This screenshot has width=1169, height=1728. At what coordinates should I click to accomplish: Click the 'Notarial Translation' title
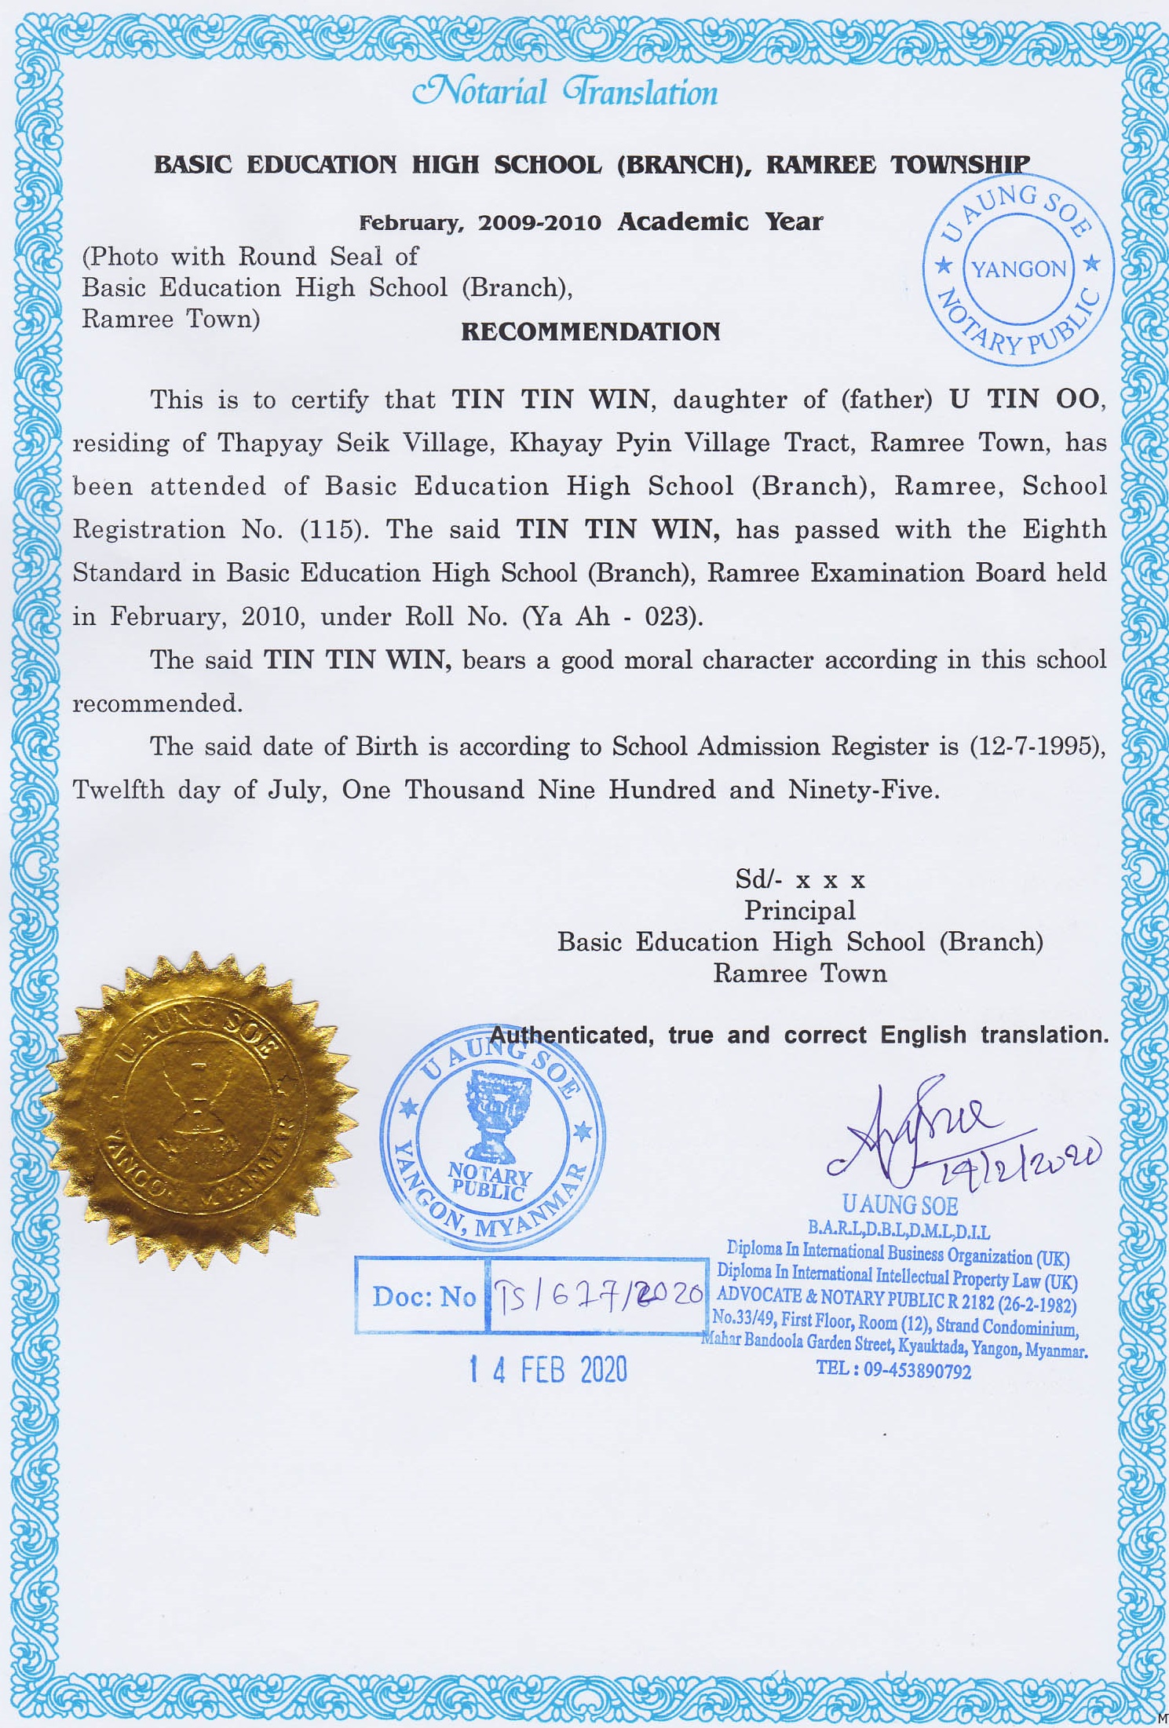click(x=564, y=93)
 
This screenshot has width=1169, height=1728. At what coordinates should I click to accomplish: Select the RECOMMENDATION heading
click(x=590, y=331)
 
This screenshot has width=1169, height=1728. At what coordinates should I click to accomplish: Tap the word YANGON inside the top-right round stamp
click(x=1019, y=269)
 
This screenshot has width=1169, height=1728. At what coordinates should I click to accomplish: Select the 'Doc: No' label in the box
click(x=424, y=1296)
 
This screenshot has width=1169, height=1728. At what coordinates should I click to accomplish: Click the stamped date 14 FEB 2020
click(x=549, y=1370)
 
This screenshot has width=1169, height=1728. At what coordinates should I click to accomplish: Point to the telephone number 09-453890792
click(x=917, y=1372)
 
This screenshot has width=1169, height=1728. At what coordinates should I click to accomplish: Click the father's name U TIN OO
click(x=1024, y=399)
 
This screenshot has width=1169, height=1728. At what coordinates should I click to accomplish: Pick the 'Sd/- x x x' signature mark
click(x=800, y=879)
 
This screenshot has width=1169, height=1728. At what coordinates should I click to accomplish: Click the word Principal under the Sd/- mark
click(x=799, y=911)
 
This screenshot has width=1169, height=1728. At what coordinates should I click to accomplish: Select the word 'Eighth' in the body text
click(x=1064, y=529)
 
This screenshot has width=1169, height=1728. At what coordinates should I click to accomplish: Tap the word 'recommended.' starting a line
click(x=158, y=703)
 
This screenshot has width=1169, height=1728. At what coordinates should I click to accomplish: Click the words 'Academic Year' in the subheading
click(x=720, y=222)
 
